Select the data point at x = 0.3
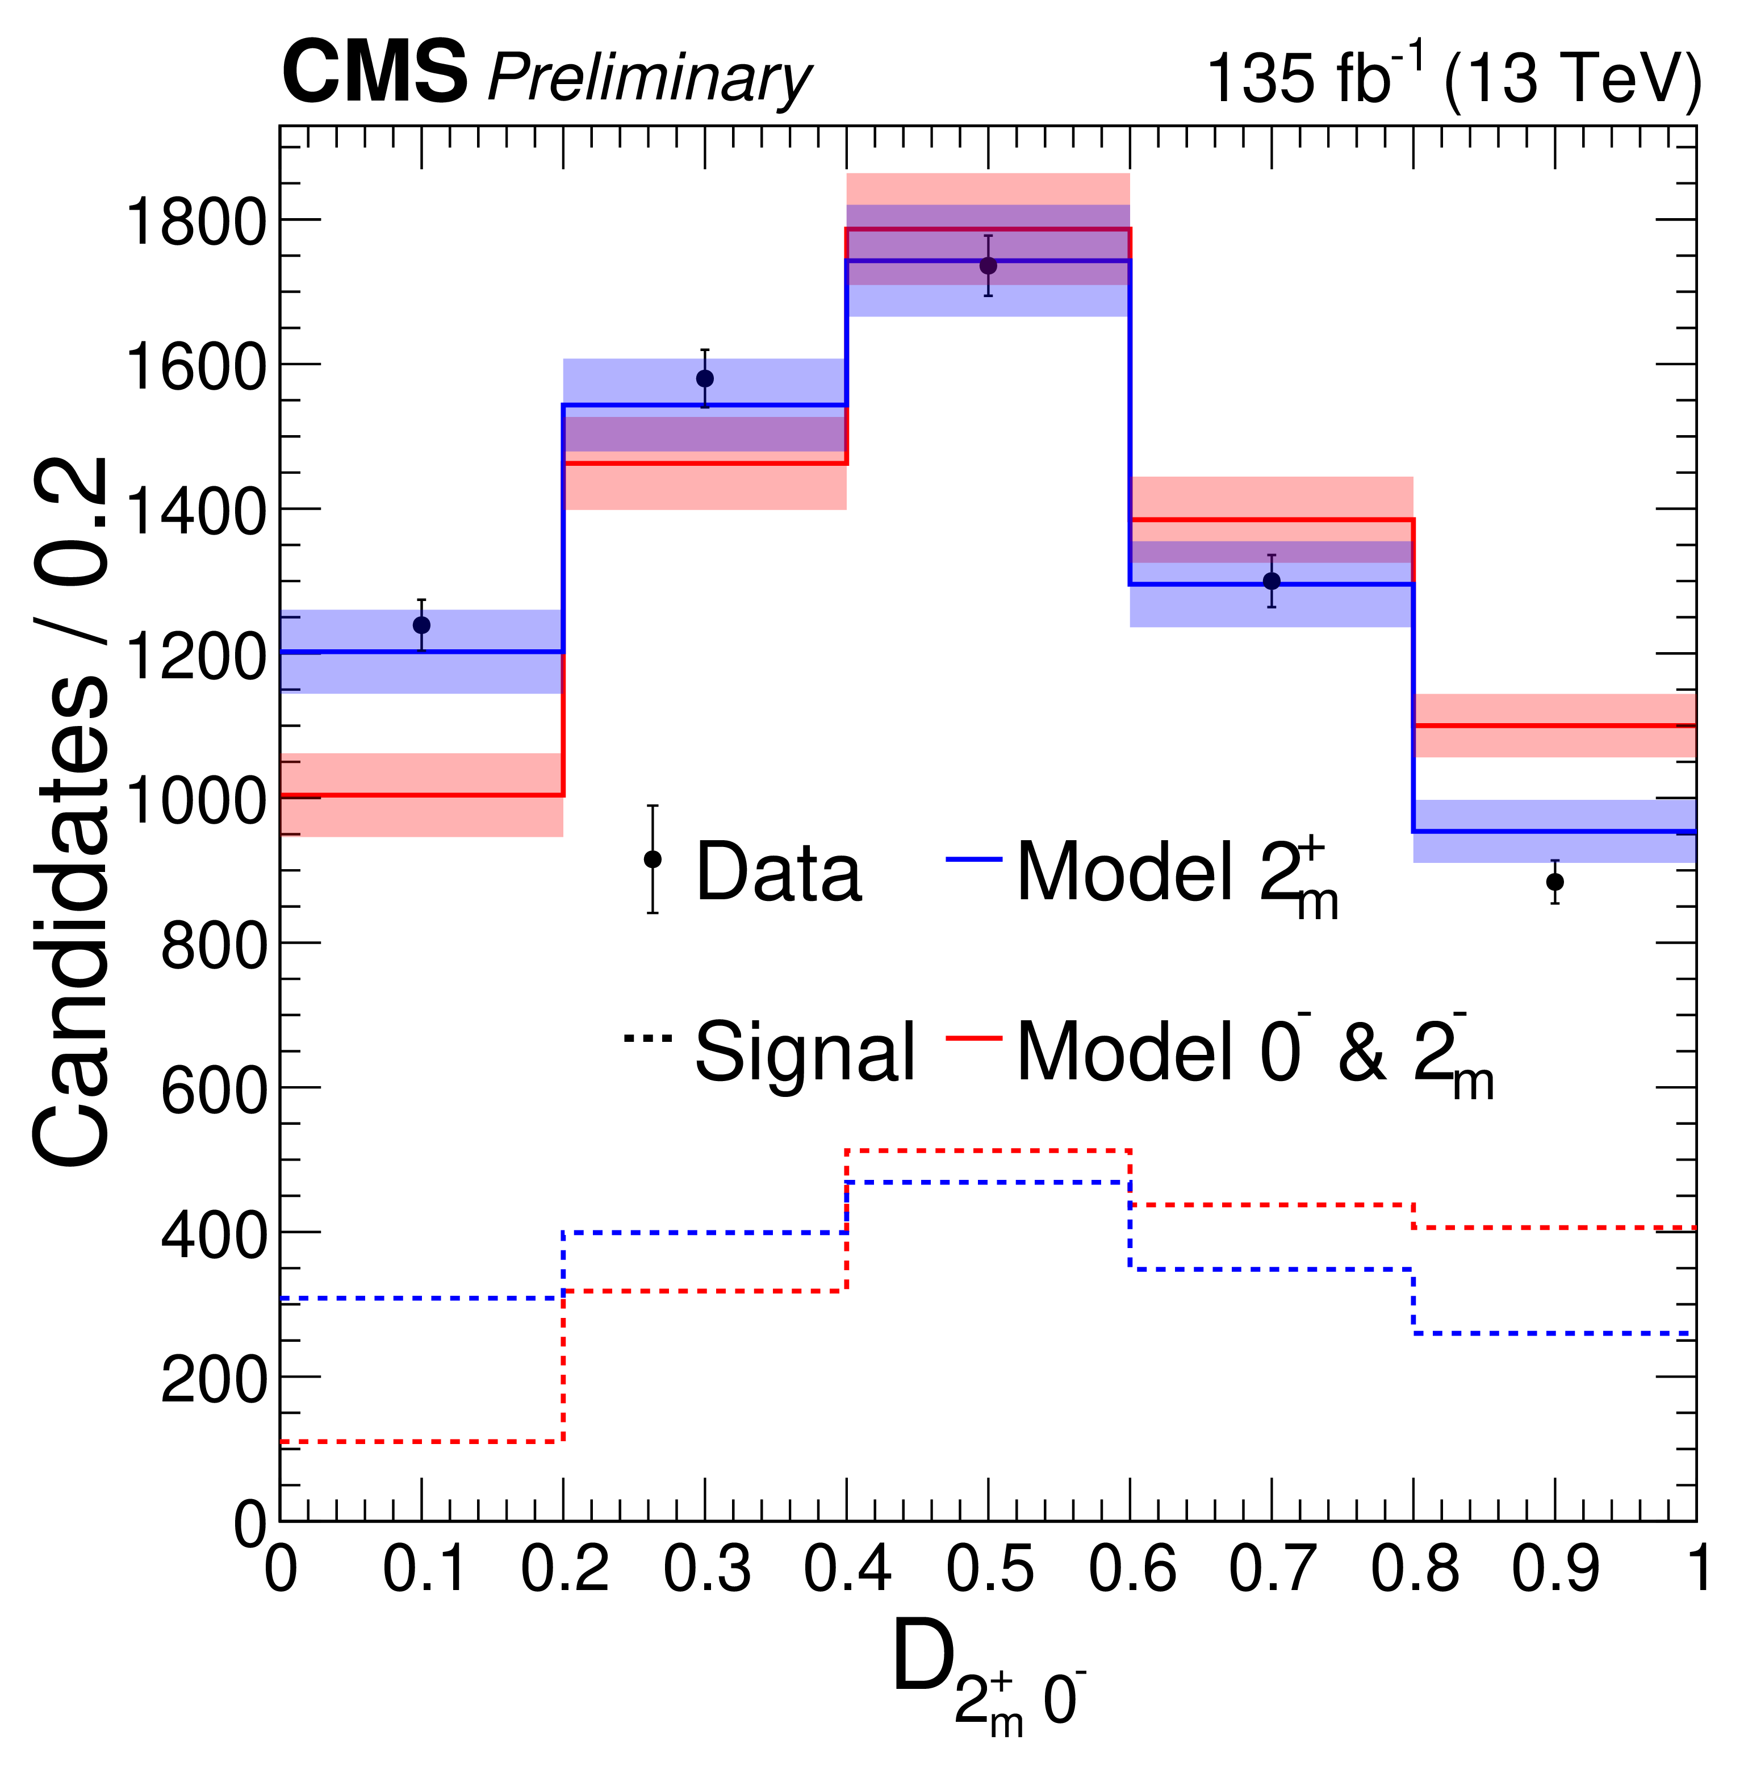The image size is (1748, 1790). tap(705, 378)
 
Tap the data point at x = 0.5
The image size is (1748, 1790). tap(988, 265)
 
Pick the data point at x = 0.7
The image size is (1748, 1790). tap(1272, 581)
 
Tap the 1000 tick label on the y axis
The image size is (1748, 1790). tap(195, 801)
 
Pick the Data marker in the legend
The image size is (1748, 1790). tap(653, 859)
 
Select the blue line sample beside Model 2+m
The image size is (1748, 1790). tap(973, 859)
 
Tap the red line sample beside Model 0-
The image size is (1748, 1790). tap(973, 1038)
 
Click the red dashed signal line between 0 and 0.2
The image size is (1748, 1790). tap(421, 1442)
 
